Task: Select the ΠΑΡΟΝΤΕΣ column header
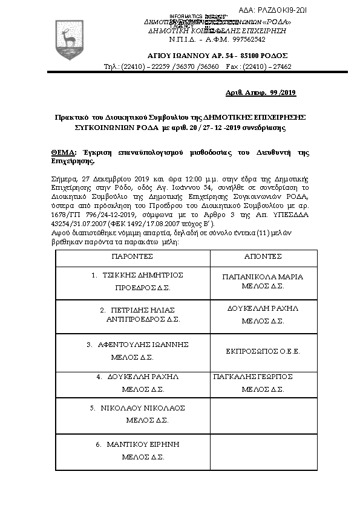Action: tap(132, 256)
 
